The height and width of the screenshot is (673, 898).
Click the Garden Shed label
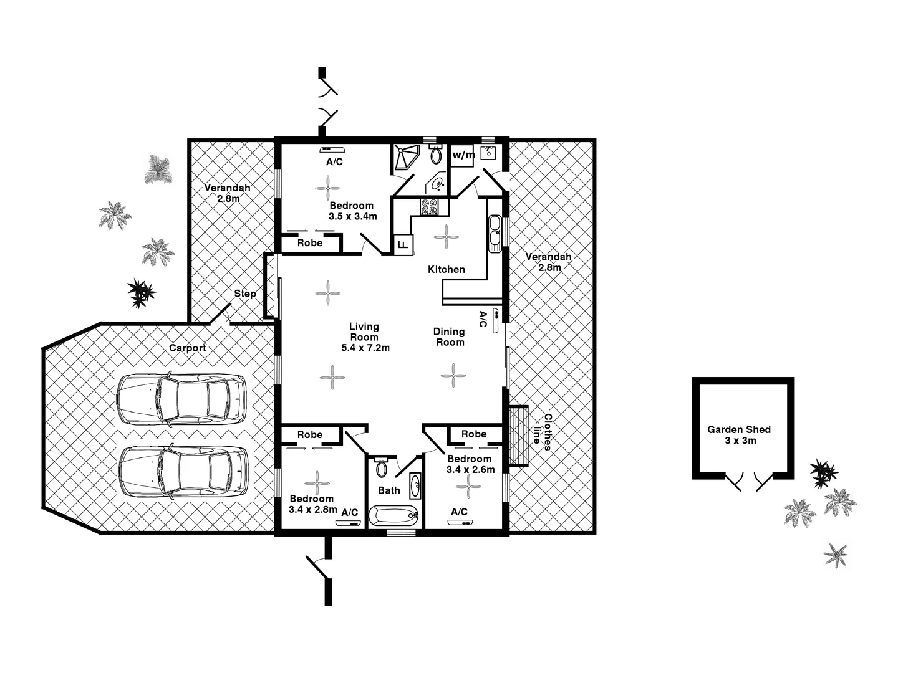(x=739, y=429)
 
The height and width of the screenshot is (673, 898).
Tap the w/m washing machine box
(x=463, y=155)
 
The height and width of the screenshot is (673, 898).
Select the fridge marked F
(x=403, y=244)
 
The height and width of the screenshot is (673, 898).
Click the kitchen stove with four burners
(x=429, y=207)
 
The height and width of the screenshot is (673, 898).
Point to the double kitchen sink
(x=495, y=232)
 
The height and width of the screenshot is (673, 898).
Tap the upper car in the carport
(x=181, y=399)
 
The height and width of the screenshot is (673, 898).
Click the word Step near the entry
(x=245, y=294)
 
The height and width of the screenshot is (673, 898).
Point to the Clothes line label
(x=543, y=432)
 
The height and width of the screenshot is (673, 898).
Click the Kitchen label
(x=446, y=269)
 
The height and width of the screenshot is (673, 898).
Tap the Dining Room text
(x=449, y=337)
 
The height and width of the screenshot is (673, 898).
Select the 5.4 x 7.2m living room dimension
(x=365, y=348)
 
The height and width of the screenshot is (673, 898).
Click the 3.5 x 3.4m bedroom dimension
(x=352, y=216)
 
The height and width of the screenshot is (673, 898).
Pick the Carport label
(x=187, y=348)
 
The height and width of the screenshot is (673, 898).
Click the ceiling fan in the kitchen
(x=447, y=236)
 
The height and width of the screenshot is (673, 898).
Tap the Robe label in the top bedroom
(x=309, y=243)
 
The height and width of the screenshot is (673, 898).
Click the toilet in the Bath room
(x=382, y=467)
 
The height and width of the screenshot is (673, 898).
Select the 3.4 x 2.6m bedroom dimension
(x=471, y=469)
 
